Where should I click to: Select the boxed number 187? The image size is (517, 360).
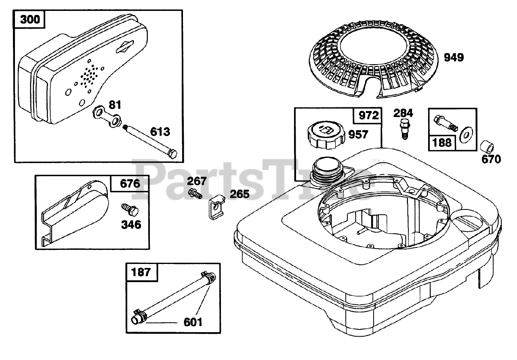pos(141,272)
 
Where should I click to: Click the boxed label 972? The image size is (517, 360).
pos(368,116)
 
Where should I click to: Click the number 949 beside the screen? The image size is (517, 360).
pos(454,58)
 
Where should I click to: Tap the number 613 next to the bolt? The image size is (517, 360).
pos(160,132)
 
